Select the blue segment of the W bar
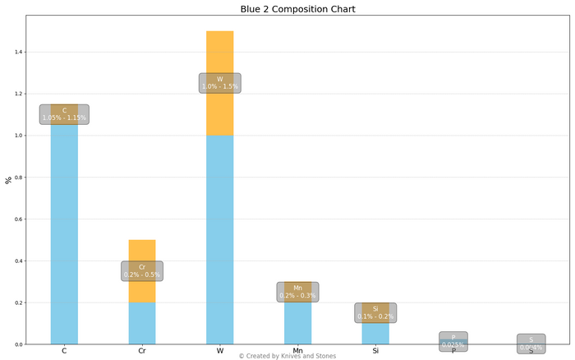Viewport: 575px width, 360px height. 219,238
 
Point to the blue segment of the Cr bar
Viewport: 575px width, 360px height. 142,324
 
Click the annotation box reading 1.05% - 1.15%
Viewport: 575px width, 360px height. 64,114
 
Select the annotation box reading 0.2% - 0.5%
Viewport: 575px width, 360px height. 142,271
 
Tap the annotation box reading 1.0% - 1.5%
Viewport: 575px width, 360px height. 219,83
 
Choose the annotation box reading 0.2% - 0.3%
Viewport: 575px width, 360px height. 297,292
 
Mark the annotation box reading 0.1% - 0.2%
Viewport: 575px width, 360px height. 375,312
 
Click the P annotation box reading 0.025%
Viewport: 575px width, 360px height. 453,341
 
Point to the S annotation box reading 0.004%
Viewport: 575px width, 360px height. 531,344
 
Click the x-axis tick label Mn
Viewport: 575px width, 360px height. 297,351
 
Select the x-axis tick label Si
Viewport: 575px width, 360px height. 375,351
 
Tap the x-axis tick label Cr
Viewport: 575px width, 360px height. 142,351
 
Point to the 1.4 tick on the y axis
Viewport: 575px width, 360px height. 17,52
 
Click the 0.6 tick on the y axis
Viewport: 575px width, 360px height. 17,219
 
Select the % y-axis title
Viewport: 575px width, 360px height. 9,180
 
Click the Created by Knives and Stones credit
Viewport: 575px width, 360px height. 287,356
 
